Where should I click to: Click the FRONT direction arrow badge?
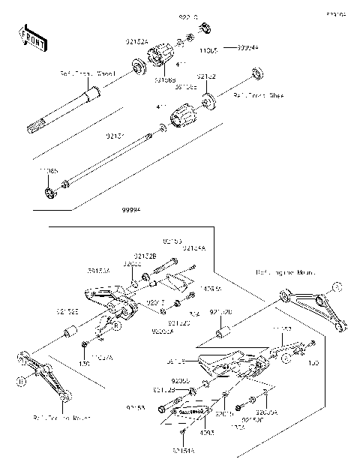[x=29, y=38]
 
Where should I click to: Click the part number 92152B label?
[x=145, y=256]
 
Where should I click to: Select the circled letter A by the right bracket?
[x=336, y=286]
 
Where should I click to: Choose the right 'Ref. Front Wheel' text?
[x=259, y=96]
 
